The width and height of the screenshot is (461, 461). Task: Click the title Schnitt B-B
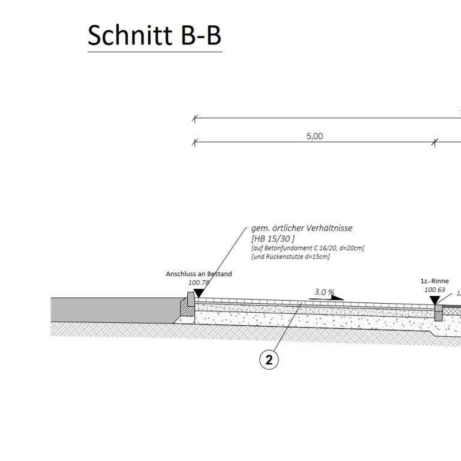click(154, 36)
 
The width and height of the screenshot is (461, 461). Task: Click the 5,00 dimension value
click(315, 136)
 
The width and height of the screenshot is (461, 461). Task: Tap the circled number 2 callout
click(269, 360)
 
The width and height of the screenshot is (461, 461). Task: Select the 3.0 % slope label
click(324, 292)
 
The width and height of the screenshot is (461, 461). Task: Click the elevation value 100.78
click(199, 282)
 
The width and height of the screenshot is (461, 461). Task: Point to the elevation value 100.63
click(435, 289)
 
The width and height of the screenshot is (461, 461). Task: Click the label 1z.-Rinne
click(435, 281)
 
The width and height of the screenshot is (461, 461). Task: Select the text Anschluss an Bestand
click(199, 274)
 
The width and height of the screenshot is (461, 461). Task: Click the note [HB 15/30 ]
click(273, 238)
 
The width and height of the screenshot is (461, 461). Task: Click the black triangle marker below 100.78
click(198, 292)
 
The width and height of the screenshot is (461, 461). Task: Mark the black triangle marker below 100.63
click(434, 300)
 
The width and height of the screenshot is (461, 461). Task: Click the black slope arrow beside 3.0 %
click(337, 297)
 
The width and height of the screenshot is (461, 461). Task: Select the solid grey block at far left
click(114, 309)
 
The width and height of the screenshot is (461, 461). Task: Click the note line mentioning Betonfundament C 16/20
click(307, 248)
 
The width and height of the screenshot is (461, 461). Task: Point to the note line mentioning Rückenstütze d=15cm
click(291, 257)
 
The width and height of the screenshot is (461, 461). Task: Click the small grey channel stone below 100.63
click(439, 308)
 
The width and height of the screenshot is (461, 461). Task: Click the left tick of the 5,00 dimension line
click(194, 142)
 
